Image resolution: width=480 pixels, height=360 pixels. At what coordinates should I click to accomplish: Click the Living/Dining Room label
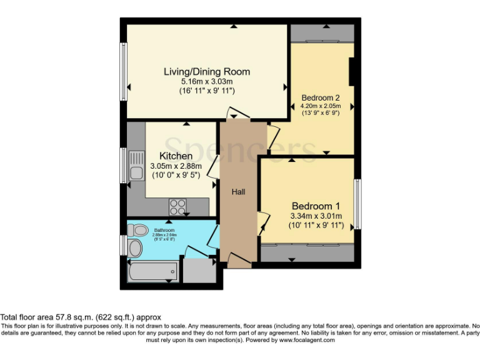207,71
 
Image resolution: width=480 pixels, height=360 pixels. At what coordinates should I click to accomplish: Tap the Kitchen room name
176,156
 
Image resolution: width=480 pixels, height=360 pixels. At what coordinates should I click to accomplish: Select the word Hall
238,192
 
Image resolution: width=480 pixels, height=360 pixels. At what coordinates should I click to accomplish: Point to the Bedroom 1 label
316,206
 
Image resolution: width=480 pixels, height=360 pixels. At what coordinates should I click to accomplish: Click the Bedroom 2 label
321,98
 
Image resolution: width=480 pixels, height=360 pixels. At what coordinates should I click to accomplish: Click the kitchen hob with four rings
177,206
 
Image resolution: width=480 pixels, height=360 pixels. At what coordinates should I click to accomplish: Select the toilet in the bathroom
137,229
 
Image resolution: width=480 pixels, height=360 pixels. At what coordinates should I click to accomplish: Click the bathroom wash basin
134,249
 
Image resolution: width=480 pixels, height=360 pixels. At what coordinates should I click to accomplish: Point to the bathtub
152,272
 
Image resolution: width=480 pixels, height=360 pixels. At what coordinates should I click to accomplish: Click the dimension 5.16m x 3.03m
207,82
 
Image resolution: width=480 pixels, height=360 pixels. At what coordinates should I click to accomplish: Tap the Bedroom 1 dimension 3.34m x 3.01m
316,216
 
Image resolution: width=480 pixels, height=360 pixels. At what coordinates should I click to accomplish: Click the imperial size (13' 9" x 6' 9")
321,113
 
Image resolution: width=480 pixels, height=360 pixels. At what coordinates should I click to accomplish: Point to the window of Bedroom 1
358,204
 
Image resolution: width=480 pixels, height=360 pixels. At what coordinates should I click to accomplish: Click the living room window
124,67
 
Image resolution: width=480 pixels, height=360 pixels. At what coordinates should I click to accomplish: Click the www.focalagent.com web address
307,341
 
